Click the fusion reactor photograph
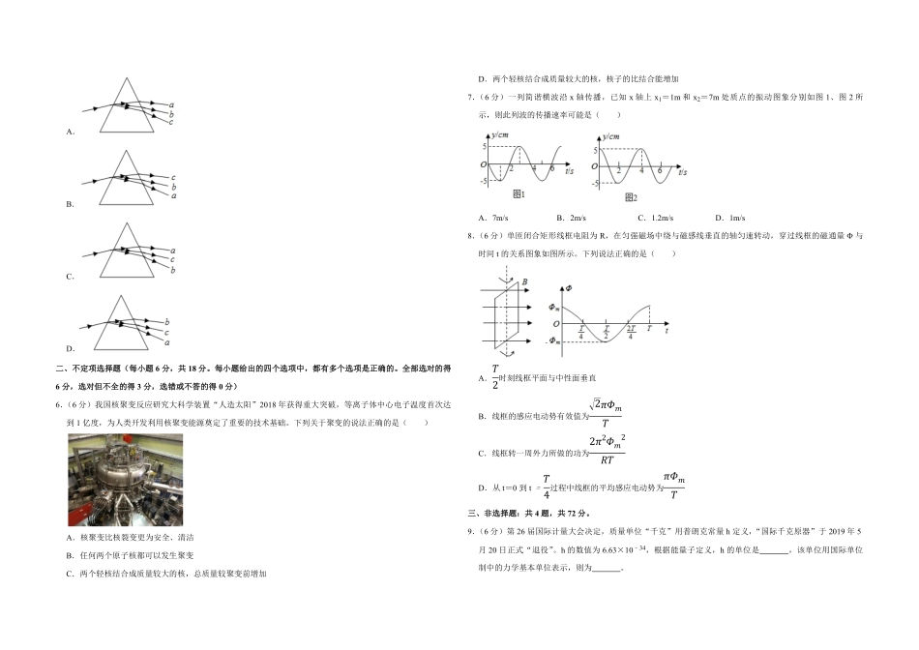125,479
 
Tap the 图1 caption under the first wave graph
518,194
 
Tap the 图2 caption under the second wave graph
631,196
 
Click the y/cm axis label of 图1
500,136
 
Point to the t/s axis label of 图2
682,170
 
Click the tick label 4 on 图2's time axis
641,170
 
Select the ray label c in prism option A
171,122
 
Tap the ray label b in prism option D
167,321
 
